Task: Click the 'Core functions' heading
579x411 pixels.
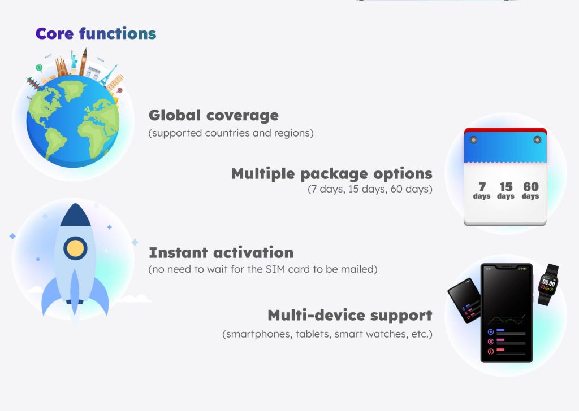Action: tap(96, 33)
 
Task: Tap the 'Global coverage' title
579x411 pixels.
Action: tap(213, 115)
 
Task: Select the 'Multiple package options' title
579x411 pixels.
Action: tap(331, 174)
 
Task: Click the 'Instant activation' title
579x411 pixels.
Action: tap(221, 253)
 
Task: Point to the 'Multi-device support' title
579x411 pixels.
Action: tap(349, 316)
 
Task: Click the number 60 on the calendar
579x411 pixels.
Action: tap(530, 186)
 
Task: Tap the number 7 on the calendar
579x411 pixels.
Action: tap(482, 186)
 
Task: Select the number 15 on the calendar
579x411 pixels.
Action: tap(506, 186)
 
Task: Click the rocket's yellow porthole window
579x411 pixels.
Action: tap(75, 248)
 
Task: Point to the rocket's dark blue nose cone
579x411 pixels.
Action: tap(75, 215)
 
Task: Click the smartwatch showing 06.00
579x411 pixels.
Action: tap(548, 284)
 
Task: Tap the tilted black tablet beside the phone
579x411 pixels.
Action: tap(464, 300)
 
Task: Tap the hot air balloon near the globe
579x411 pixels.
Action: tap(39, 68)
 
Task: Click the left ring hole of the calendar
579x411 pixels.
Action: tap(473, 140)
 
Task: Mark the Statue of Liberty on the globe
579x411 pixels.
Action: tap(74, 59)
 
